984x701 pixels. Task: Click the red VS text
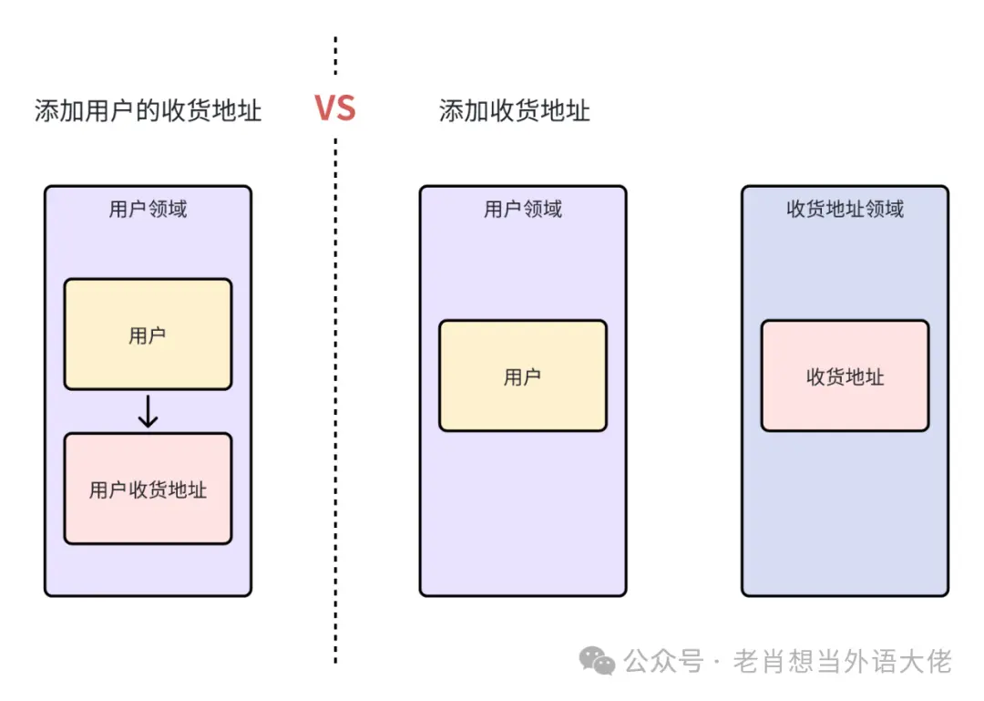334,108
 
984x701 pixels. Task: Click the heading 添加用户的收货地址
148,110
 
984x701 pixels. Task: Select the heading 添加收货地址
514,110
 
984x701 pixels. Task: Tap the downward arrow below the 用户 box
148,412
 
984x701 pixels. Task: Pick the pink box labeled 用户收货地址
148,490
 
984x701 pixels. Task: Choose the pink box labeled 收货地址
845,376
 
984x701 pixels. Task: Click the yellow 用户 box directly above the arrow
148,335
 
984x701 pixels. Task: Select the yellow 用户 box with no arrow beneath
522,376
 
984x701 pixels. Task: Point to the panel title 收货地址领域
845,209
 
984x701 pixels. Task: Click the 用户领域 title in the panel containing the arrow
148,209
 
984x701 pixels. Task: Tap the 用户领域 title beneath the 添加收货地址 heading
522,209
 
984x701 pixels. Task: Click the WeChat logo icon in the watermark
598,661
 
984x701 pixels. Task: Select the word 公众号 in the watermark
663,661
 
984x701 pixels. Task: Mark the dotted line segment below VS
335,401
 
